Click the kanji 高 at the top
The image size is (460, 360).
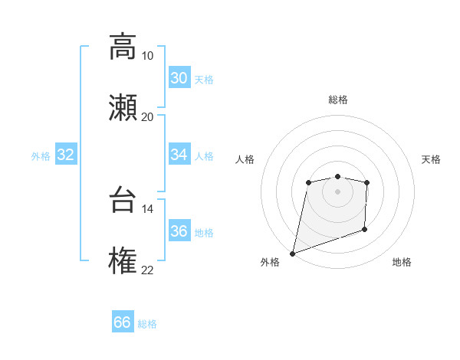click(x=123, y=46)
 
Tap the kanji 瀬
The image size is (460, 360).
click(x=123, y=107)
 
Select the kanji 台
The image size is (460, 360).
click(x=123, y=200)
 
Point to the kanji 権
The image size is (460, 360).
click(x=123, y=261)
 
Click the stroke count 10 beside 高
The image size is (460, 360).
click(x=147, y=55)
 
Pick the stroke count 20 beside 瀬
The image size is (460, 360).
click(x=147, y=116)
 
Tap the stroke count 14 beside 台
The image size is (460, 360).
click(x=147, y=208)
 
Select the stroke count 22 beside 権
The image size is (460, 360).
click(x=147, y=270)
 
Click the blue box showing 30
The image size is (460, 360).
click(x=179, y=78)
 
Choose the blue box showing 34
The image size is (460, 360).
click(x=179, y=155)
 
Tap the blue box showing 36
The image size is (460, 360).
click(x=179, y=231)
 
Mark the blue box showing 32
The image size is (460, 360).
click(x=66, y=155)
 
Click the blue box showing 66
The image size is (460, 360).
click(x=123, y=322)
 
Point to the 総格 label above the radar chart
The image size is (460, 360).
click(x=338, y=100)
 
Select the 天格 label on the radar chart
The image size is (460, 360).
click(x=431, y=159)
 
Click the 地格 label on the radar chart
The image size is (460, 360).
click(x=402, y=262)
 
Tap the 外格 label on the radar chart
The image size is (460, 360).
click(x=270, y=262)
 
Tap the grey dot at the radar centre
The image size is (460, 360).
click(x=337, y=191)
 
